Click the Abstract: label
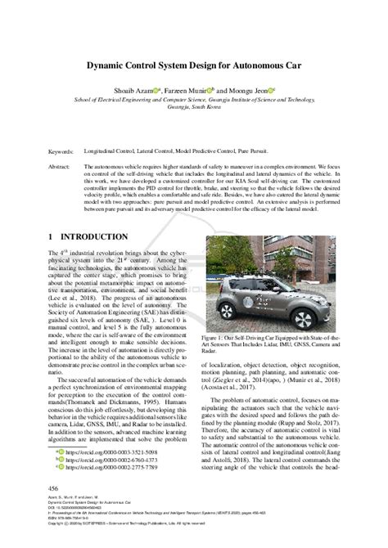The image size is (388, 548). pos(61,165)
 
